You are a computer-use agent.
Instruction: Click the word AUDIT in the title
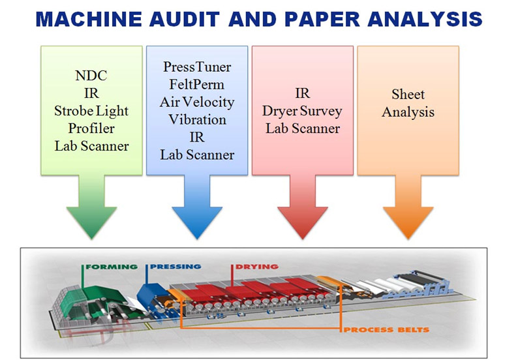[185, 19]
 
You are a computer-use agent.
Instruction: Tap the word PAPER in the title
[322, 19]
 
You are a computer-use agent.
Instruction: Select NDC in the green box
[91, 76]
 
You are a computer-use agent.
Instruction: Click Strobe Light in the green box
[91, 111]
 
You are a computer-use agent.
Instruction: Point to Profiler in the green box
[91, 128]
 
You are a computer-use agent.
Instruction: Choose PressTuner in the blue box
[197, 67]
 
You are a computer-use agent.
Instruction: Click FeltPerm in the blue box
[197, 85]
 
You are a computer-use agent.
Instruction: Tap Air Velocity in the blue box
[197, 102]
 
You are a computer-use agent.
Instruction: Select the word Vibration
[197, 119]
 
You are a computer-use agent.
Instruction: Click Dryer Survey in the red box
[302, 112]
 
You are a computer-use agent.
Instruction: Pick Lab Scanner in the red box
[303, 128]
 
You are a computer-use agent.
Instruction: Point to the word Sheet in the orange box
[408, 95]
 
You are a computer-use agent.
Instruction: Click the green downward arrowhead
[91, 221]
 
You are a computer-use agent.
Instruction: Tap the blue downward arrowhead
[197, 221]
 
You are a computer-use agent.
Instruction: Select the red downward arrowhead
[303, 221]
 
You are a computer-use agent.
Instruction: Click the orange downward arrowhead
[408, 221]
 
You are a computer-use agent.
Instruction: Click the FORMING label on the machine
[112, 267]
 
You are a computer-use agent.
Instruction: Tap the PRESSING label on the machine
[175, 267]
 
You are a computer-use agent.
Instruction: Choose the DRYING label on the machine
[256, 267]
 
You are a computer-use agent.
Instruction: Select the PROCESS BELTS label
[386, 329]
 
